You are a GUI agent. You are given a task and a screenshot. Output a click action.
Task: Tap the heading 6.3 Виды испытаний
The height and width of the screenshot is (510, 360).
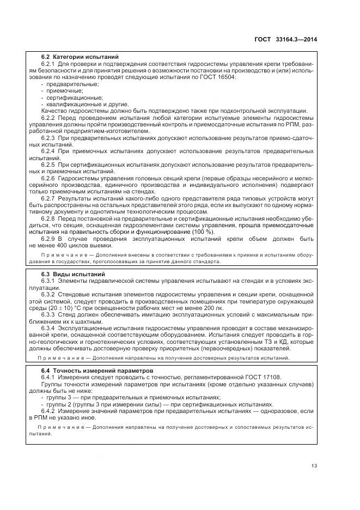click(x=73, y=274)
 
